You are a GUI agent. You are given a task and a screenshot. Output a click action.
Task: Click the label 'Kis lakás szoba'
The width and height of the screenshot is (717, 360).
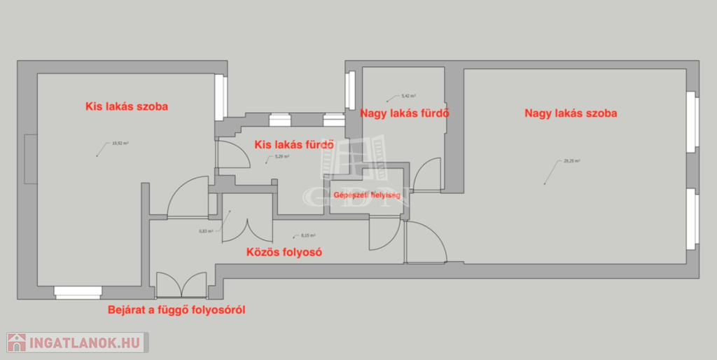click(x=127, y=107)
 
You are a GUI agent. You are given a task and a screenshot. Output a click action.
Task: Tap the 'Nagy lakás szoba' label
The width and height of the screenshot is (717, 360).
click(x=571, y=113)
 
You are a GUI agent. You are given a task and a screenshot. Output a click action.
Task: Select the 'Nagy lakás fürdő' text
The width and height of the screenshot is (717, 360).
click(x=404, y=113)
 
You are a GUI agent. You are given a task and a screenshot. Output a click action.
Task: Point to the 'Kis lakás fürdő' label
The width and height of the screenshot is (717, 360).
click(x=293, y=145)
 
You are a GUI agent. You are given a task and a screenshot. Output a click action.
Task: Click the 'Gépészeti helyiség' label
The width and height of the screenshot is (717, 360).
click(x=367, y=195)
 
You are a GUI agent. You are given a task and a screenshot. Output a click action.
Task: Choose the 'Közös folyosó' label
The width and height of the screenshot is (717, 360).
click(x=284, y=252)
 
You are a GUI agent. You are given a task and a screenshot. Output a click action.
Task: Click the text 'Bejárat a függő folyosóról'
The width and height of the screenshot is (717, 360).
click(x=176, y=309)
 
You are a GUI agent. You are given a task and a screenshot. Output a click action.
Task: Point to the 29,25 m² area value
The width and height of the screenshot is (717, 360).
click(x=571, y=161)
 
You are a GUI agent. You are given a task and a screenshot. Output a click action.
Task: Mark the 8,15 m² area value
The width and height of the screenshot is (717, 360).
click(x=308, y=236)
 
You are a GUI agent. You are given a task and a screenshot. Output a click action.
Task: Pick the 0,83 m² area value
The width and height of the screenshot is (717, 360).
click(x=206, y=230)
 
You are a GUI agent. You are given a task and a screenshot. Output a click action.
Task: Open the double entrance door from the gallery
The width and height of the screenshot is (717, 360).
click(x=181, y=284)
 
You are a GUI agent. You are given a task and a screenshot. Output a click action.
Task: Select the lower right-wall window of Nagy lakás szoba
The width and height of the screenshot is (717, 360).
click(x=693, y=217)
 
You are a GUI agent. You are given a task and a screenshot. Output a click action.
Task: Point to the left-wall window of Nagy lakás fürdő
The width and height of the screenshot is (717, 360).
click(x=351, y=91)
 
